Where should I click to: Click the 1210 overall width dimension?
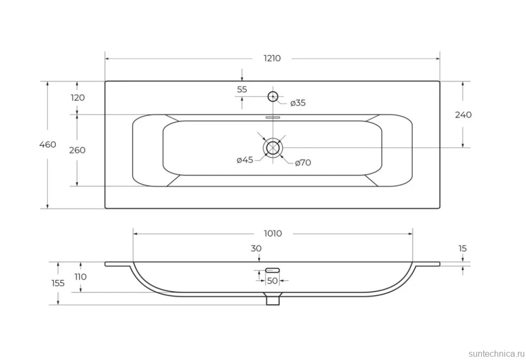(x=272, y=59)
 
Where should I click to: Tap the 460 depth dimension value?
(x=48, y=145)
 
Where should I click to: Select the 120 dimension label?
(x=78, y=98)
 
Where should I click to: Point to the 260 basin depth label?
(x=77, y=150)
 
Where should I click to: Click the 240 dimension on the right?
(x=463, y=115)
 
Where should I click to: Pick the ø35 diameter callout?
(x=298, y=103)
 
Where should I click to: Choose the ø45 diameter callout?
(x=245, y=160)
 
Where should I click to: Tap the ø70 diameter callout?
(x=303, y=163)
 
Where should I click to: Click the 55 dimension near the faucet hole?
(x=242, y=89)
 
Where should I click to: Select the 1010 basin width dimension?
(x=273, y=234)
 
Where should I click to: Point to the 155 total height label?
(x=58, y=283)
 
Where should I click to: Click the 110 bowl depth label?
(x=80, y=277)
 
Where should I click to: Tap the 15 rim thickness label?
(x=463, y=249)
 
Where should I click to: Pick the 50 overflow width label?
(x=272, y=280)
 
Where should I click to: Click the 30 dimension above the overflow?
(x=256, y=249)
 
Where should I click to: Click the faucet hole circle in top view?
(x=273, y=97)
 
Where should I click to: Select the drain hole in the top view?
(x=273, y=147)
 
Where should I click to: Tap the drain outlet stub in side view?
(x=273, y=299)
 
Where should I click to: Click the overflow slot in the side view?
(x=272, y=270)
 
